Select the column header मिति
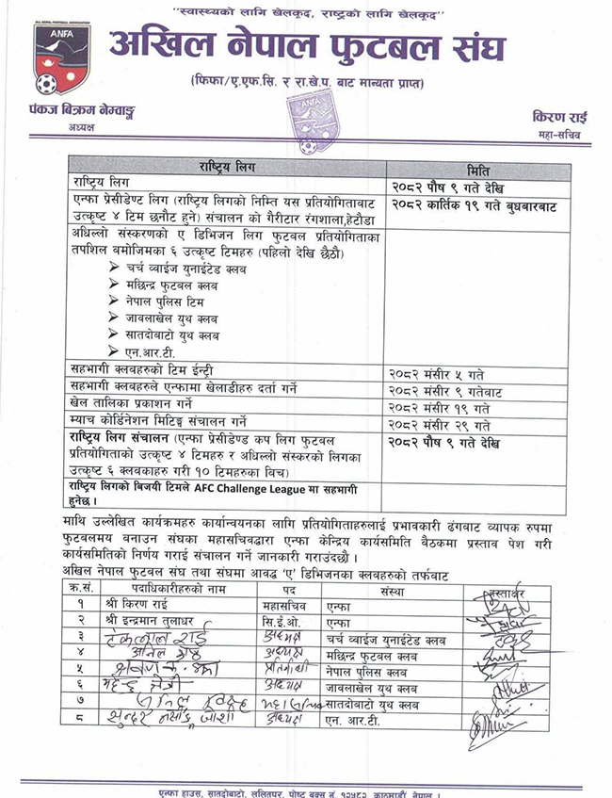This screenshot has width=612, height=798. (479, 167)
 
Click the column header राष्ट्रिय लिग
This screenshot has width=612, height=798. (225, 167)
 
